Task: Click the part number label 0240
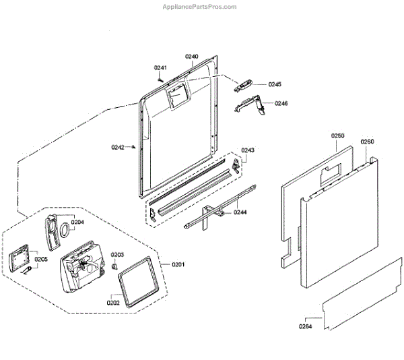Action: pyautogui.click(x=192, y=57)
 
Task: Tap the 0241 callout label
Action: pyautogui.click(x=160, y=67)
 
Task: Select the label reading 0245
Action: pyautogui.click(x=275, y=84)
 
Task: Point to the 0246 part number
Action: pyautogui.click(x=281, y=103)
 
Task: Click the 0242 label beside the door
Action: pyautogui.click(x=118, y=147)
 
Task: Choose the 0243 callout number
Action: pyautogui.click(x=248, y=150)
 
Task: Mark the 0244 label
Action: pyautogui.click(x=240, y=212)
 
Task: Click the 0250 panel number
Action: pyautogui.click(x=338, y=136)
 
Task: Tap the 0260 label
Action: pyautogui.click(x=367, y=142)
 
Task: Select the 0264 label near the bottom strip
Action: pyautogui.click(x=306, y=327)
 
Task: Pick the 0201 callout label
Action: pyautogui.click(x=178, y=264)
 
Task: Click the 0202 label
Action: pyautogui.click(x=112, y=303)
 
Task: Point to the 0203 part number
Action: pyautogui.click(x=118, y=255)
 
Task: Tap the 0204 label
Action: pyautogui.click(x=77, y=222)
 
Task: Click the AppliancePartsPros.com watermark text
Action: pyautogui.click(x=200, y=7)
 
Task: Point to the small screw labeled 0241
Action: pyautogui.click(x=160, y=78)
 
